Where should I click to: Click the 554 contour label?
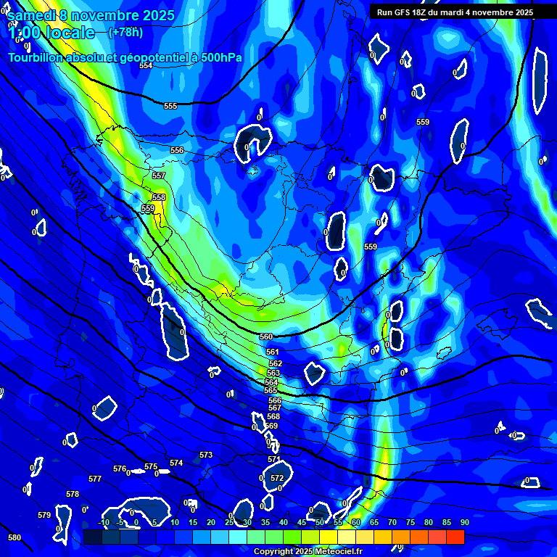pos(146,66)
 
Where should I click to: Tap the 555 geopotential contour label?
pos(170,107)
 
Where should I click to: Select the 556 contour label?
pos(177,150)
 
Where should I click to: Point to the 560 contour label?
pos(266,337)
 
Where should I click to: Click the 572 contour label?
pos(276,479)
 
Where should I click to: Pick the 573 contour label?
pos(206,455)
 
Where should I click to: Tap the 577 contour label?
pos(95,479)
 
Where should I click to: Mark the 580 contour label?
pos(15,537)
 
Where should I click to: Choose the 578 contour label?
pos(73,495)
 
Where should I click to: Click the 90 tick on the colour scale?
pos(464,522)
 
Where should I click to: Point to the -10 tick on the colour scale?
pos(103,522)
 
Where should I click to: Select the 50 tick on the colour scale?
pos(320,522)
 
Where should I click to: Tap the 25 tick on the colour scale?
pos(229,522)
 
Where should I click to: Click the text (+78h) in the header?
pos(125,32)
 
